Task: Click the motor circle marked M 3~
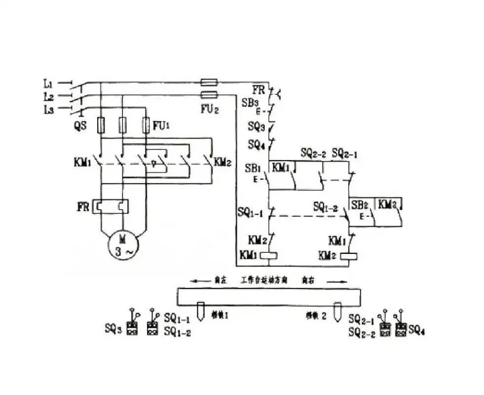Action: coord(124,245)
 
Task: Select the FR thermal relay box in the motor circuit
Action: coord(112,206)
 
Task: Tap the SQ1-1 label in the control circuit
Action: coord(250,212)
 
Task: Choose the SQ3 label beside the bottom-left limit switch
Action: coord(113,327)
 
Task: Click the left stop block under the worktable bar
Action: coord(201,311)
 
